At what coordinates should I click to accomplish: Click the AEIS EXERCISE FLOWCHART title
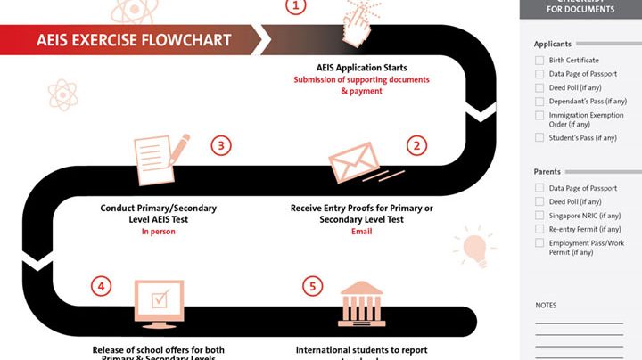134,40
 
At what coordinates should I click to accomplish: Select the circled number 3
221,145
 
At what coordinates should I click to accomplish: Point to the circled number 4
102,286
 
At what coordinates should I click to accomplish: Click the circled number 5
310,286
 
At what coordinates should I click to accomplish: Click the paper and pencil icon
160,158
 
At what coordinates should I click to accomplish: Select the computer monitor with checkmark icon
160,303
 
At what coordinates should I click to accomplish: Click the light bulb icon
474,247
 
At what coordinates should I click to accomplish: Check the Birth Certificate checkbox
539,61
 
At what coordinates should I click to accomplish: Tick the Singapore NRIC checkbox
539,216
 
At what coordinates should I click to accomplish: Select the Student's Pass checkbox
539,138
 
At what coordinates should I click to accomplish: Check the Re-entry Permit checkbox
539,229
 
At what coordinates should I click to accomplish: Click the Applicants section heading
552,44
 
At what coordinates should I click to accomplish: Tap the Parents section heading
547,172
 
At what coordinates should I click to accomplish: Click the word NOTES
546,306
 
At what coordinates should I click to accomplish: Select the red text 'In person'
159,232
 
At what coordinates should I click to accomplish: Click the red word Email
361,232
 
